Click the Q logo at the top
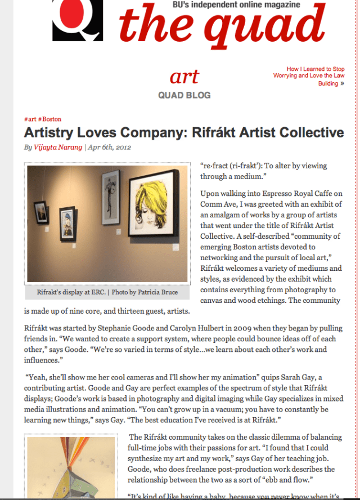click(x=78, y=20)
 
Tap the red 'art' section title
click(x=184, y=77)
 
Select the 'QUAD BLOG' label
click(x=184, y=95)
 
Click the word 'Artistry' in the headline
click(x=51, y=133)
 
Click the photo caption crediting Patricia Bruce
click(x=106, y=293)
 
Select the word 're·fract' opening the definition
click(x=215, y=166)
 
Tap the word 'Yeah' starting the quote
click(x=36, y=377)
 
